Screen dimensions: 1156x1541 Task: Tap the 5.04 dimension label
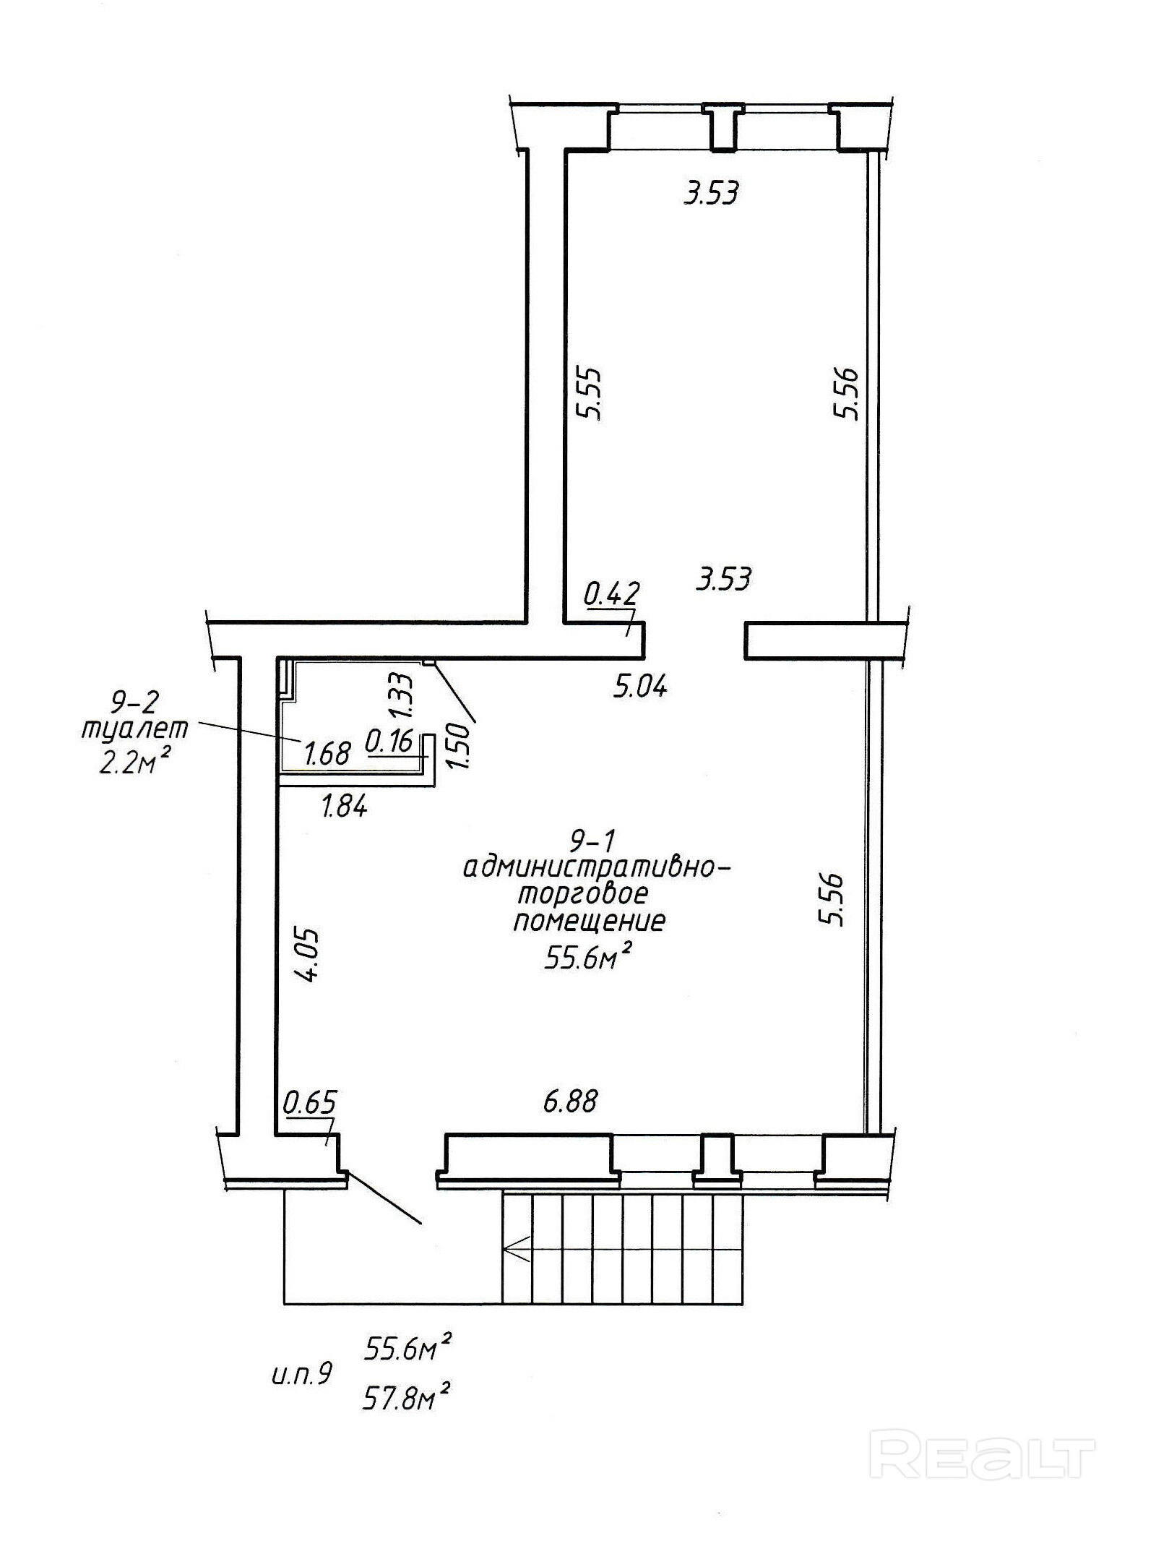coord(640,686)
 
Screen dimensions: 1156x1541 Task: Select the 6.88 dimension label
coord(570,1101)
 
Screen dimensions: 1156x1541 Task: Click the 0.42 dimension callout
coord(611,593)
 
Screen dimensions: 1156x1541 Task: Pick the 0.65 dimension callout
coord(310,1103)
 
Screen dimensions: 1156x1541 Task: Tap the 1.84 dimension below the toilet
coord(345,805)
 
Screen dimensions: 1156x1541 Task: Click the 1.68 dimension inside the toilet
coord(327,754)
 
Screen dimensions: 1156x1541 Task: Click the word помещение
coord(590,922)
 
